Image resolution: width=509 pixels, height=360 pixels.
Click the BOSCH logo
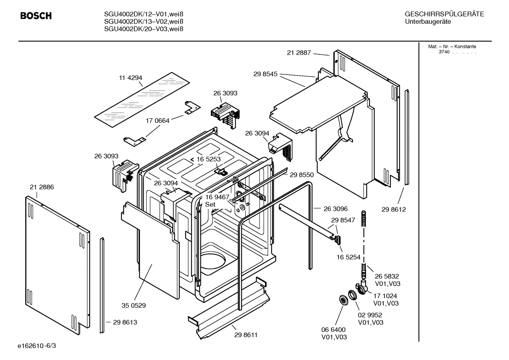36,16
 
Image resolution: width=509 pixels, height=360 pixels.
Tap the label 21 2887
299,53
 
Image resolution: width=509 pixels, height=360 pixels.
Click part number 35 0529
134,305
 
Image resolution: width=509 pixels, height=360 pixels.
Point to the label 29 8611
246,335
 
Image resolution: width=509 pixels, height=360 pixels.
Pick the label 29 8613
125,322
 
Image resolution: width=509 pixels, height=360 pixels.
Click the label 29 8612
394,209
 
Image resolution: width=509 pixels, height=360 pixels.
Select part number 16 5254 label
349,257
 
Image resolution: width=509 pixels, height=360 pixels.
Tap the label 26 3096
336,209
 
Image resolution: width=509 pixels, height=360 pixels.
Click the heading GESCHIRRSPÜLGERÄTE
444,14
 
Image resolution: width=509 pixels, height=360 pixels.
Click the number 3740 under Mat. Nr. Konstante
444,52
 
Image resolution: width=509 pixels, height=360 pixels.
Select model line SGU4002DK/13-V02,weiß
144,22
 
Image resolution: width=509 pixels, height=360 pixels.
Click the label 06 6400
333,330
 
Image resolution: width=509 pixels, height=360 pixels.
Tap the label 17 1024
385,296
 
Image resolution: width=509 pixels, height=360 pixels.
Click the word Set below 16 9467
210,205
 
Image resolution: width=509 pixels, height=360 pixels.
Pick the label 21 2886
42,187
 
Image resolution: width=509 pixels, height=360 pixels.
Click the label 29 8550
301,175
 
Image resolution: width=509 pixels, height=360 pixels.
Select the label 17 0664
157,120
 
